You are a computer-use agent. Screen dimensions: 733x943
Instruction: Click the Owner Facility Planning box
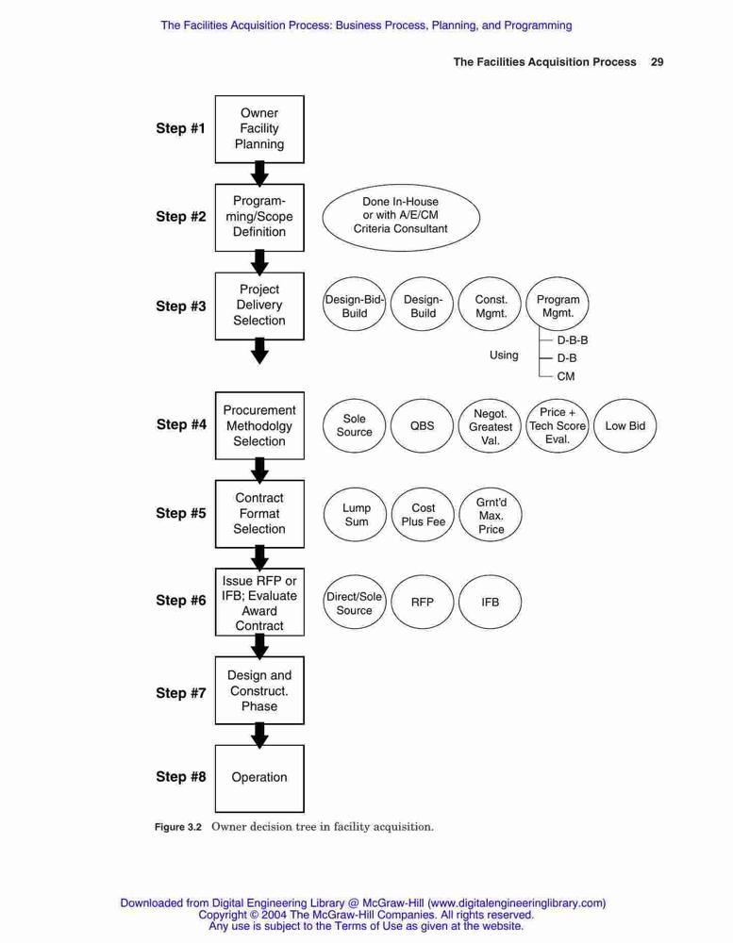tap(259, 128)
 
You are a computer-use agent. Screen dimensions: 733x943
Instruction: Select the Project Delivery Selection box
tap(259, 306)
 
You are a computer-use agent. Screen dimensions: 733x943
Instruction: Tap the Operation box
tap(259, 778)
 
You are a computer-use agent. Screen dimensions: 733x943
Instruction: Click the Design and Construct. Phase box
tap(259, 690)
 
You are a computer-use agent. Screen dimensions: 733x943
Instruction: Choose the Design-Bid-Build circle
tap(355, 306)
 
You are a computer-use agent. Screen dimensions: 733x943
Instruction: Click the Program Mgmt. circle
tap(558, 306)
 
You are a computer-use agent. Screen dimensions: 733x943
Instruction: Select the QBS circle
tap(422, 426)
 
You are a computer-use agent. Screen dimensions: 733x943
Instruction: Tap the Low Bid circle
tap(625, 426)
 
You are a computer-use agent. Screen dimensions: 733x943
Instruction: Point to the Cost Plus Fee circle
tap(423, 515)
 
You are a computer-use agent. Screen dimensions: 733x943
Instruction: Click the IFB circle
tap(490, 602)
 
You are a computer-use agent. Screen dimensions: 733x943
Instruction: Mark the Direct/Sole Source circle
tap(355, 602)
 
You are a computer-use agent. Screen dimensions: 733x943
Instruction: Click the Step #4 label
tap(181, 424)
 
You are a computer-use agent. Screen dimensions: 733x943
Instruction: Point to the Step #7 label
tap(181, 693)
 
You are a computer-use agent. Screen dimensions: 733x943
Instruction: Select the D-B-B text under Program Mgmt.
tap(573, 340)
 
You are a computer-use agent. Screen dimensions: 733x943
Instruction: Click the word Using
tap(504, 356)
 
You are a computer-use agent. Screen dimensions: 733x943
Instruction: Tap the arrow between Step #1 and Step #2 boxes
tap(259, 174)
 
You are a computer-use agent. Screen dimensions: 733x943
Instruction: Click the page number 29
tap(658, 61)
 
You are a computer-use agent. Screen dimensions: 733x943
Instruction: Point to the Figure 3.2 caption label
tap(178, 827)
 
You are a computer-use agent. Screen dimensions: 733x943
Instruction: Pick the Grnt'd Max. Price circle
tap(491, 515)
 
